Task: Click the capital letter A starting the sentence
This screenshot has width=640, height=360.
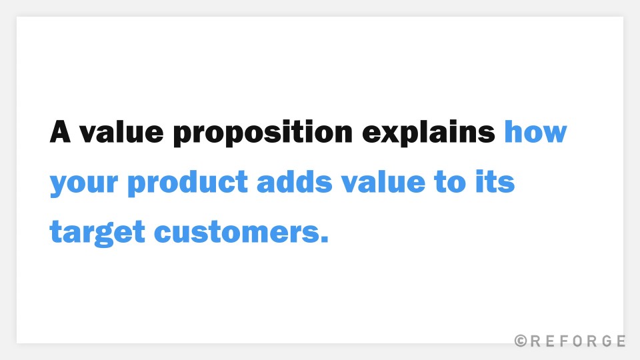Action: click(60, 131)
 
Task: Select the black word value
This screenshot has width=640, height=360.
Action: click(121, 131)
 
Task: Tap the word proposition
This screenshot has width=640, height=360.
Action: click(263, 133)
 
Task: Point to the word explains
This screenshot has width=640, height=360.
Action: click(429, 133)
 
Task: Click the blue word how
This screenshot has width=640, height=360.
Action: click(535, 131)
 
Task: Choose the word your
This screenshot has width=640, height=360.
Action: click(84, 183)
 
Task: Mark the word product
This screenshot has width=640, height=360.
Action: click(187, 183)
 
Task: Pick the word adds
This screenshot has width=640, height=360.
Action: click(294, 181)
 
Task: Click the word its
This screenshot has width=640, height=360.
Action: click(495, 181)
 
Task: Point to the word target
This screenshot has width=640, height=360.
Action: click(97, 233)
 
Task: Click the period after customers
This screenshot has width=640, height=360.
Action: click(324, 239)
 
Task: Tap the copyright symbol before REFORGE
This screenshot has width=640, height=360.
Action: click(521, 341)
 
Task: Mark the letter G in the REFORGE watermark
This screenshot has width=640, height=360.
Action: click(607, 341)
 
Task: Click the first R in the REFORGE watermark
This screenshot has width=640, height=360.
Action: click(535, 341)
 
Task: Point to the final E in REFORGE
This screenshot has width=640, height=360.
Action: click(621, 341)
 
